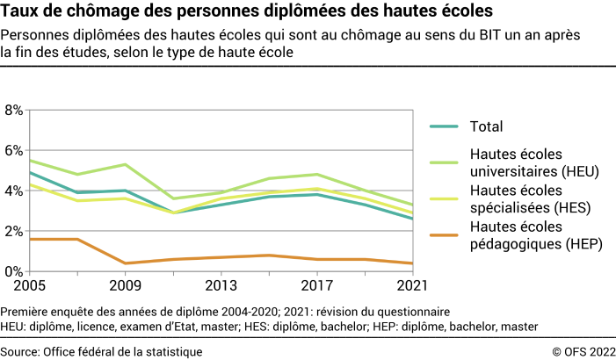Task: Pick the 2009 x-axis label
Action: coord(125,287)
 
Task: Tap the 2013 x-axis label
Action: coord(221,287)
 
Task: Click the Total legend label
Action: coord(486,126)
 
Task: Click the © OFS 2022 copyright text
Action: coord(579,351)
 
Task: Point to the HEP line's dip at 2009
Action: coord(125,263)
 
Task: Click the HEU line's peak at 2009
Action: coord(125,165)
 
